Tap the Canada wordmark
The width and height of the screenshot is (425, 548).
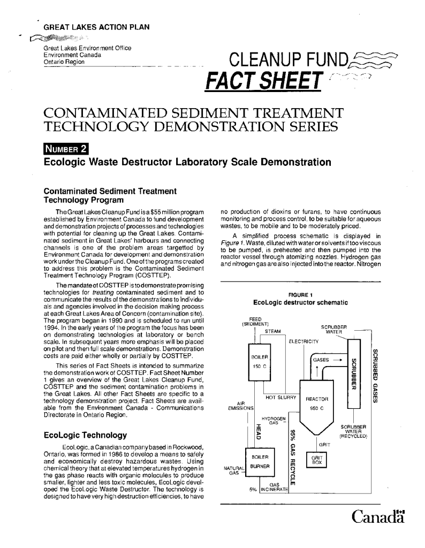(378, 517)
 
